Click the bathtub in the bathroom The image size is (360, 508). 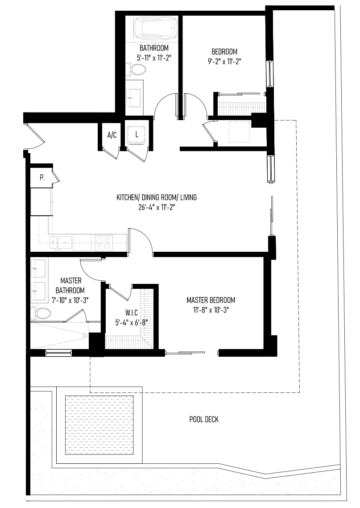pyautogui.click(x=154, y=29)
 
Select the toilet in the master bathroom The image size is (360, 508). pyautogui.click(x=41, y=313)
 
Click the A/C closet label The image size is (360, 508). pyautogui.click(x=112, y=135)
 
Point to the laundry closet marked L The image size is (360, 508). pyautogui.click(x=137, y=134)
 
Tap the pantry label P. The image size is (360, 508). pyautogui.click(x=42, y=177)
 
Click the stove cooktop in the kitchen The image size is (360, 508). pyautogui.click(x=103, y=243)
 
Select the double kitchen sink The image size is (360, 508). pyautogui.click(x=61, y=242)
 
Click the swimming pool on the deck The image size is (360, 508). pyautogui.click(x=99, y=425)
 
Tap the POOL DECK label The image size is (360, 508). pyautogui.click(x=204, y=420)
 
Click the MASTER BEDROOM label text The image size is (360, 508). pyautogui.click(x=211, y=300)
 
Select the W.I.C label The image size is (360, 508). pyautogui.click(x=132, y=312)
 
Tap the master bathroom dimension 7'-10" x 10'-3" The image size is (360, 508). pyautogui.click(x=70, y=300)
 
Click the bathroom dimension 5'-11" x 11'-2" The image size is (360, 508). pyautogui.click(x=154, y=58)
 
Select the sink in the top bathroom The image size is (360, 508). pyautogui.click(x=133, y=93)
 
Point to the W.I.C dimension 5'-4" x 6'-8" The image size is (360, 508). pyautogui.click(x=132, y=322)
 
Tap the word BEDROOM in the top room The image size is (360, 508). pyautogui.click(x=224, y=51)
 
